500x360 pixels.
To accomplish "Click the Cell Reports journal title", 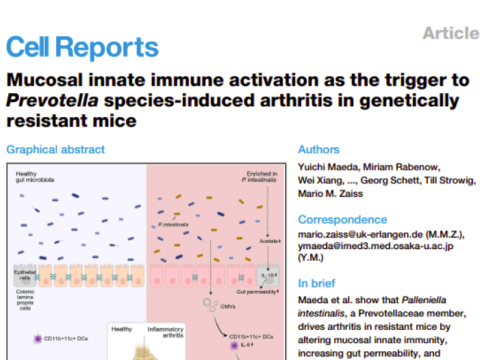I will click(x=81, y=47).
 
